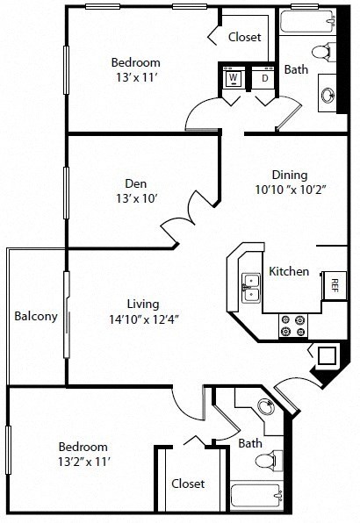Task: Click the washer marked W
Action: [x=234, y=79]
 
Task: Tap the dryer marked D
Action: [x=264, y=79]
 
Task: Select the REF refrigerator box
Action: [x=335, y=283]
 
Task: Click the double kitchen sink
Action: [x=251, y=287]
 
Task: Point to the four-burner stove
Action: [x=292, y=326]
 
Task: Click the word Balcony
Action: [x=36, y=317]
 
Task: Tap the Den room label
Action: [x=135, y=183]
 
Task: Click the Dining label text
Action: [x=289, y=175]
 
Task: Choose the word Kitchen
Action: [x=289, y=271]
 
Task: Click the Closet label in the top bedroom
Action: [x=245, y=37]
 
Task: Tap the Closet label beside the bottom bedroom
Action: [x=188, y=484]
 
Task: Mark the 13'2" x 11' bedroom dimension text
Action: [x=84, y=460]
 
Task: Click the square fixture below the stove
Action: [x=327, y=356]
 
